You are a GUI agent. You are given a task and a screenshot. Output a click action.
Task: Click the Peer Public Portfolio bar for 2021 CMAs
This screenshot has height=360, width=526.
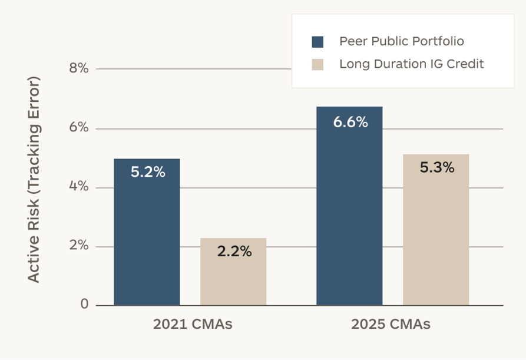coord(147,232)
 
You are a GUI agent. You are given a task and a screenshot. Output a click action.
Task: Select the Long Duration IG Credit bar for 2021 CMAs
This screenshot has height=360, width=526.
coord(233,272)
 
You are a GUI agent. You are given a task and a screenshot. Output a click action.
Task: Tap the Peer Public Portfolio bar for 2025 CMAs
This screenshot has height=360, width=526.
coord(349,206)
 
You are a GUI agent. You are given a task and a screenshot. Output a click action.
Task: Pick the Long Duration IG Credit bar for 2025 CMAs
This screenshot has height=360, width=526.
coord(436,230)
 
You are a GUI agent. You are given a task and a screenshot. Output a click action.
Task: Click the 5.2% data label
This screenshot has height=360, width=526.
coord(148,172)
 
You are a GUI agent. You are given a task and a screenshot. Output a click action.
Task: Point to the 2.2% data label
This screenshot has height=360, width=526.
coord(234,252)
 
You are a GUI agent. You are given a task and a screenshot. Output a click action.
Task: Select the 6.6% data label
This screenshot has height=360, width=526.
coord(350,122)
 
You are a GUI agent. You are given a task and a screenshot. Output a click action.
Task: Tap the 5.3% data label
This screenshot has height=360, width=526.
coord(437,167)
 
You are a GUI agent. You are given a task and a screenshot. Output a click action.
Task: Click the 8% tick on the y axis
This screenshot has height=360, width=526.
coord(79,68)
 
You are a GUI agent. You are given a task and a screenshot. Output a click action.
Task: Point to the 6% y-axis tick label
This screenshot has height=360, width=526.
coord(79,127)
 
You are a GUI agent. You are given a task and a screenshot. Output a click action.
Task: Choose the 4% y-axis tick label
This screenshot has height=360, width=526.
coord(79,186)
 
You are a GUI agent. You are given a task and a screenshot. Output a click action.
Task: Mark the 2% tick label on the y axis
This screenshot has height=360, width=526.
coord(79,246)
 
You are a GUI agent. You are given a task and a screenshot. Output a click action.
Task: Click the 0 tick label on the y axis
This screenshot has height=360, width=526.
coord(85,304)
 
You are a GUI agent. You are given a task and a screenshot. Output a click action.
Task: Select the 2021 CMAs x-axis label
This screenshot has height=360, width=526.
coord(193,325)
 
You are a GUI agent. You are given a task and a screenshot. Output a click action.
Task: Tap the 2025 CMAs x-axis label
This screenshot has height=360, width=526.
coord(391,325)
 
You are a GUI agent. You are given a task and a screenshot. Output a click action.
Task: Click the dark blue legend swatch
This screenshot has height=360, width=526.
coord(317,42)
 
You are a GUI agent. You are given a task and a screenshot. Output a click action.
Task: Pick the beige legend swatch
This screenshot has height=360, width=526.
coord(317,64)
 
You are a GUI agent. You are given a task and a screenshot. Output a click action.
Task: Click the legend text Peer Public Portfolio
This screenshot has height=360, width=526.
coord(402,41)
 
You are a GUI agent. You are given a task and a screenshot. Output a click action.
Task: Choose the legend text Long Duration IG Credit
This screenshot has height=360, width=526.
coord(412,64)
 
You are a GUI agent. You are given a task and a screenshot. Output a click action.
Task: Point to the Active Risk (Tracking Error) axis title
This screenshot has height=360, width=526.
coord(34,180)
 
